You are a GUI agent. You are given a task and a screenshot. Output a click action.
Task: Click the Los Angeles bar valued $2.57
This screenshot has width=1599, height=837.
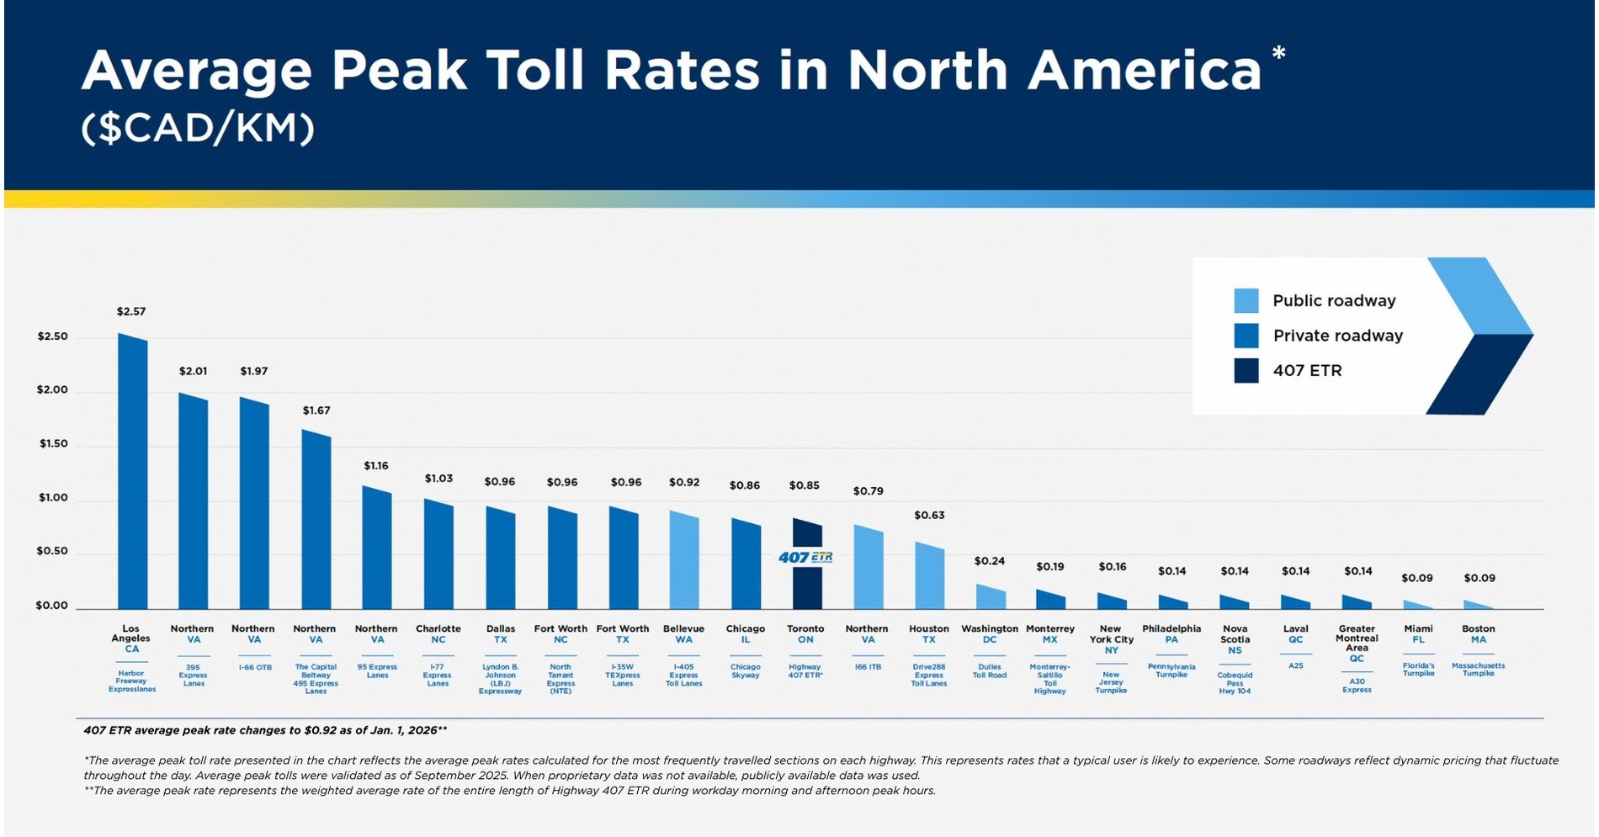(x=132, y=471)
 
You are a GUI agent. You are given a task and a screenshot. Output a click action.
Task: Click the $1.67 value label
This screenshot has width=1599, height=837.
(x=316, y=411)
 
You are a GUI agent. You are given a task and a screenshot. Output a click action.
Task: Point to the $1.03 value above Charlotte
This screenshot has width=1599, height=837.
(x=438, y=479)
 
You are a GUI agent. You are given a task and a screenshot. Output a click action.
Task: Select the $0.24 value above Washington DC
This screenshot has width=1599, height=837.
(x=990, y=561)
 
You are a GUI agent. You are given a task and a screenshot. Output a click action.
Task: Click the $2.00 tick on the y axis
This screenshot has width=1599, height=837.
(x=52, y=390)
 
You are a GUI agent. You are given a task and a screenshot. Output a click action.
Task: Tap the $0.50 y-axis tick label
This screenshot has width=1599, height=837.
(x=52, y=552)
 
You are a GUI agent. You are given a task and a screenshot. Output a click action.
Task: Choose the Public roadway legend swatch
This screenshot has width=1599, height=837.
(x=1246, y=300)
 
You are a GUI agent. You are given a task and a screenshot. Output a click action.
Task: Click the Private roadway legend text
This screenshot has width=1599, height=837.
(x=1337, y=336)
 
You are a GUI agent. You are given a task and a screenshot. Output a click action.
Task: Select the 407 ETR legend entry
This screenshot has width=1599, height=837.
(x=1307, y=371)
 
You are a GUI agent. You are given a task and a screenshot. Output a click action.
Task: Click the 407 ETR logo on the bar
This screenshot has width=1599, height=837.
(x=805, y=557)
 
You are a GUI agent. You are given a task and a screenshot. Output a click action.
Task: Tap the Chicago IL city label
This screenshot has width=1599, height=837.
(x=746, y=634)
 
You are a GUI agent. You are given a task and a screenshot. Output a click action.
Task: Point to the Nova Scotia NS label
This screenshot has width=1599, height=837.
(x=1235, y=639)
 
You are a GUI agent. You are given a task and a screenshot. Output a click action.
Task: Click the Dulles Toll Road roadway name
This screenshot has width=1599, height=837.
(x=990, y=670)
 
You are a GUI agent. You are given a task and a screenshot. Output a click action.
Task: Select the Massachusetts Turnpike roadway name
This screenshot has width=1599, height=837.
(x=1478, y=670)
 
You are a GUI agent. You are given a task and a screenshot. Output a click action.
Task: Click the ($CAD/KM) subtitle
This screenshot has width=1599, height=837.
(x=198, y=129)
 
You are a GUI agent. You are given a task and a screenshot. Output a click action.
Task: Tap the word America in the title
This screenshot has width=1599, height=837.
(x=1144, y=71)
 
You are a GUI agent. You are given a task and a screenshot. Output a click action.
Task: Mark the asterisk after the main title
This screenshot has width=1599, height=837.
(x=1278, y=55)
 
